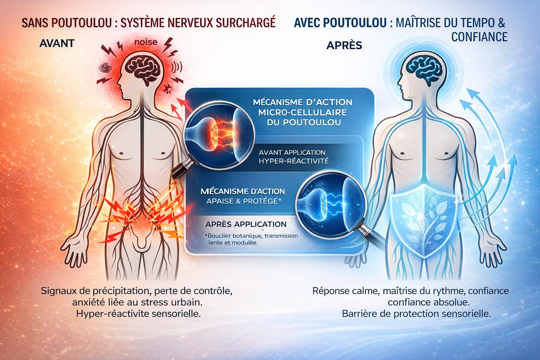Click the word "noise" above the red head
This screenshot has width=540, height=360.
pyautogui.click(x=146, y=42)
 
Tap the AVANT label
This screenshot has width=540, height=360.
pyautogui.click(x=57, y=43)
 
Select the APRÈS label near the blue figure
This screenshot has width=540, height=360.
pyautogui.click(x=344, y=45)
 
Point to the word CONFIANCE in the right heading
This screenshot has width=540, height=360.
pyautogui.click(x=480, y=37)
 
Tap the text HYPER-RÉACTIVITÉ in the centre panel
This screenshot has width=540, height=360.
pyautogui.click(x=294, y=161)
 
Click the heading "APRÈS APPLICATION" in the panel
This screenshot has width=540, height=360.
pyautogui.click(x=246, y=224)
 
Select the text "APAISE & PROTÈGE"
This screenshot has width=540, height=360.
pyautogui.click(x=244, y=201)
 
